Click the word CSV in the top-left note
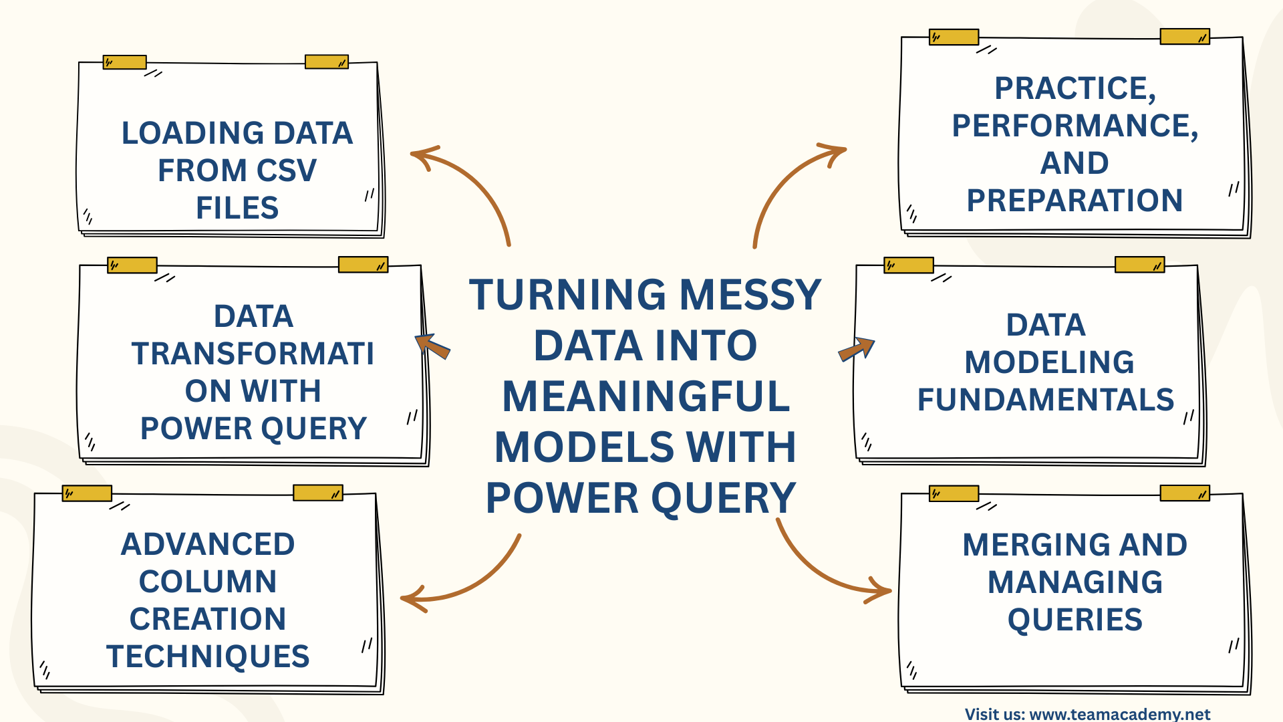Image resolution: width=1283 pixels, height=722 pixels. pos(286,170)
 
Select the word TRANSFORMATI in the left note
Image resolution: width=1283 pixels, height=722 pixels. pos(253,354)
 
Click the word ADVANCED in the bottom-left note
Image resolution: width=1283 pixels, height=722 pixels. pos(208,544)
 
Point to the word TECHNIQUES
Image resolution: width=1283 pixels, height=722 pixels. pos(208,656)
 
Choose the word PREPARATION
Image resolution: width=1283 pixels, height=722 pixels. pos(1075,201)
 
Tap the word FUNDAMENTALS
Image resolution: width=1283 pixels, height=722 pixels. pos(1045,400)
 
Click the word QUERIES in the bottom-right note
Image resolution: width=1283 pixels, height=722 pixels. pos(1075,620)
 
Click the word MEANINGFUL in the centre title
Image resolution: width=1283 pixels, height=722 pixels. pos(646,396)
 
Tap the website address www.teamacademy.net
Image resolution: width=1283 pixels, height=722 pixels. pos(1120,714)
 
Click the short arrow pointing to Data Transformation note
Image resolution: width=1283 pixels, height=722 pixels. pos(432,346)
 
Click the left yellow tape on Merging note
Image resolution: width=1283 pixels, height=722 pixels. pos(954,494)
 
